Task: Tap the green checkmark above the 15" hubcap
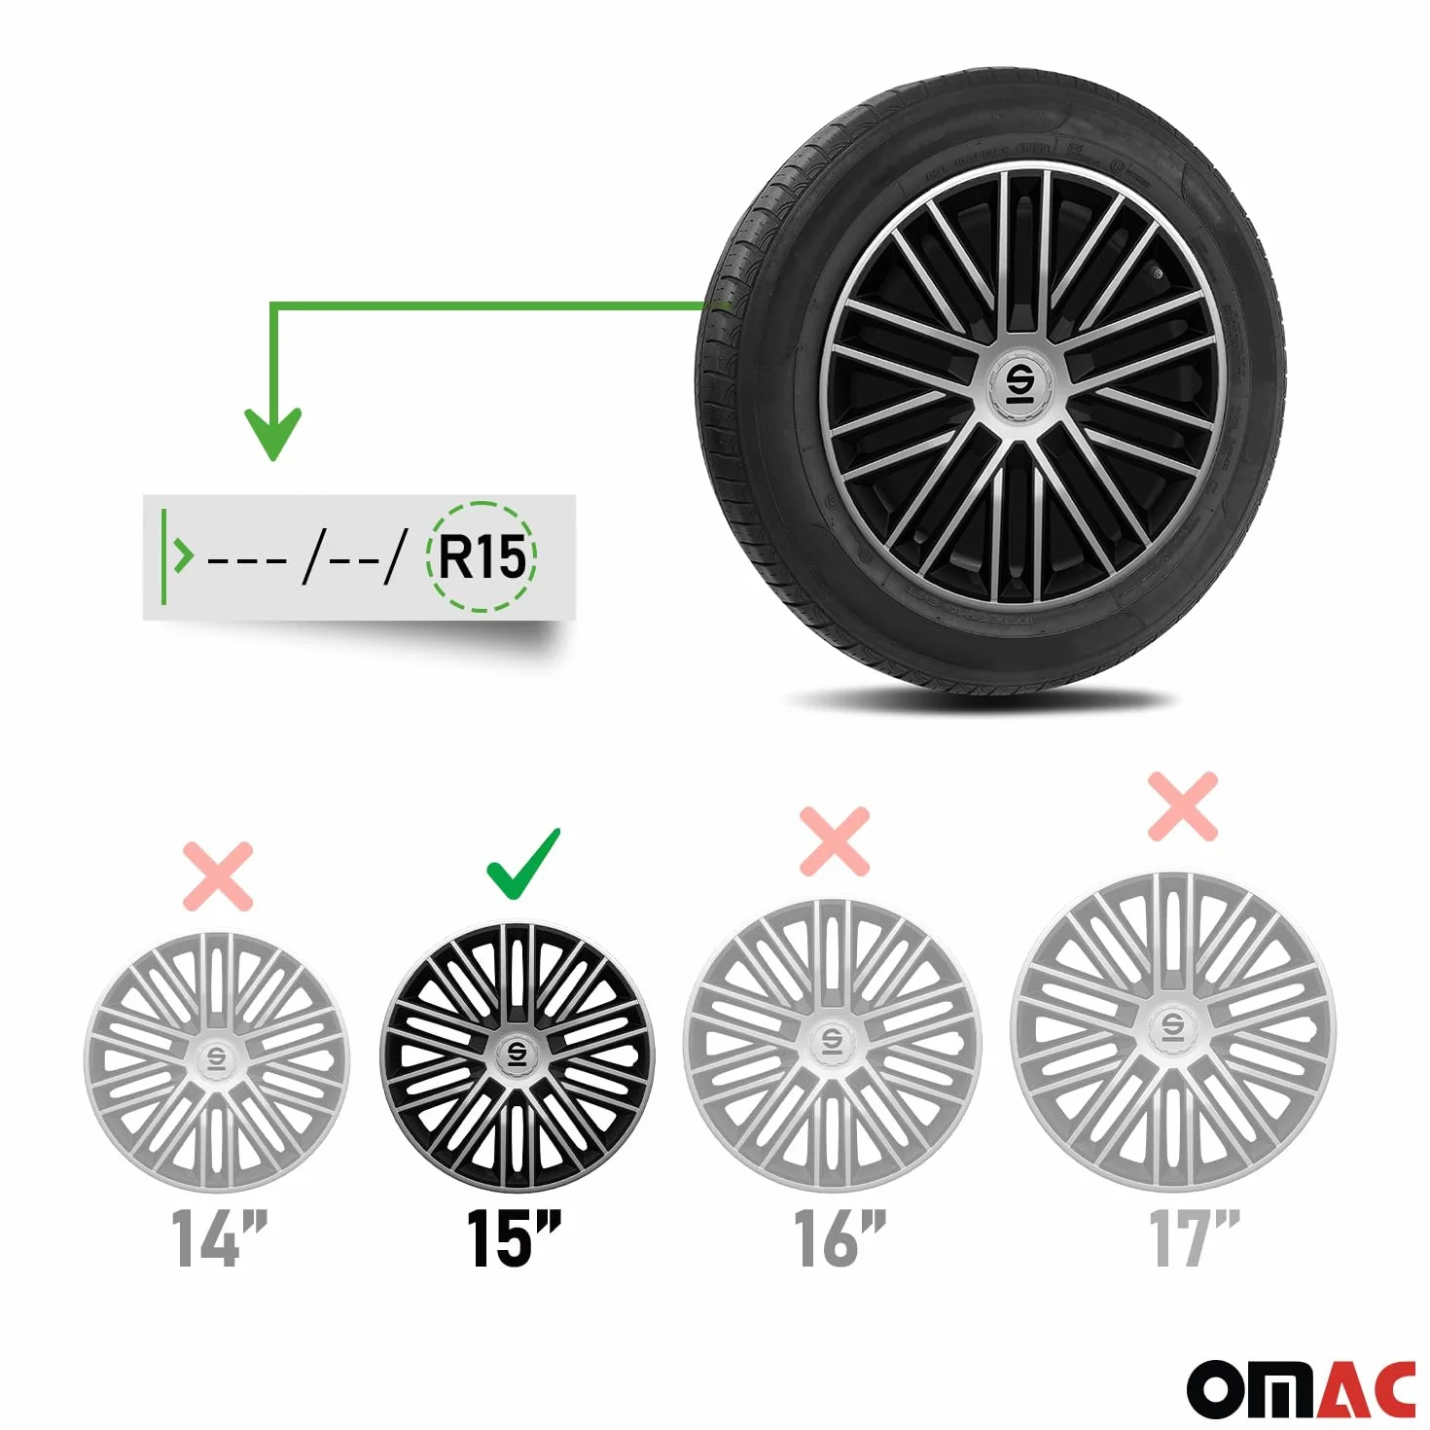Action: [x=523, y=864]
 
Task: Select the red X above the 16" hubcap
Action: [x=834, y=841]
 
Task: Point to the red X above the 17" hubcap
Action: [x=1182, y=805]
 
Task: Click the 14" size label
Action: [x=219, y=1240]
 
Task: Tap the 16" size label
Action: [x=840, y=1240]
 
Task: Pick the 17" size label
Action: [x=1194, y=1240]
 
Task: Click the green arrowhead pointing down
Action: [x=273, y=434]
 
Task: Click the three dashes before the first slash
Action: [x=247, y=557]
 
